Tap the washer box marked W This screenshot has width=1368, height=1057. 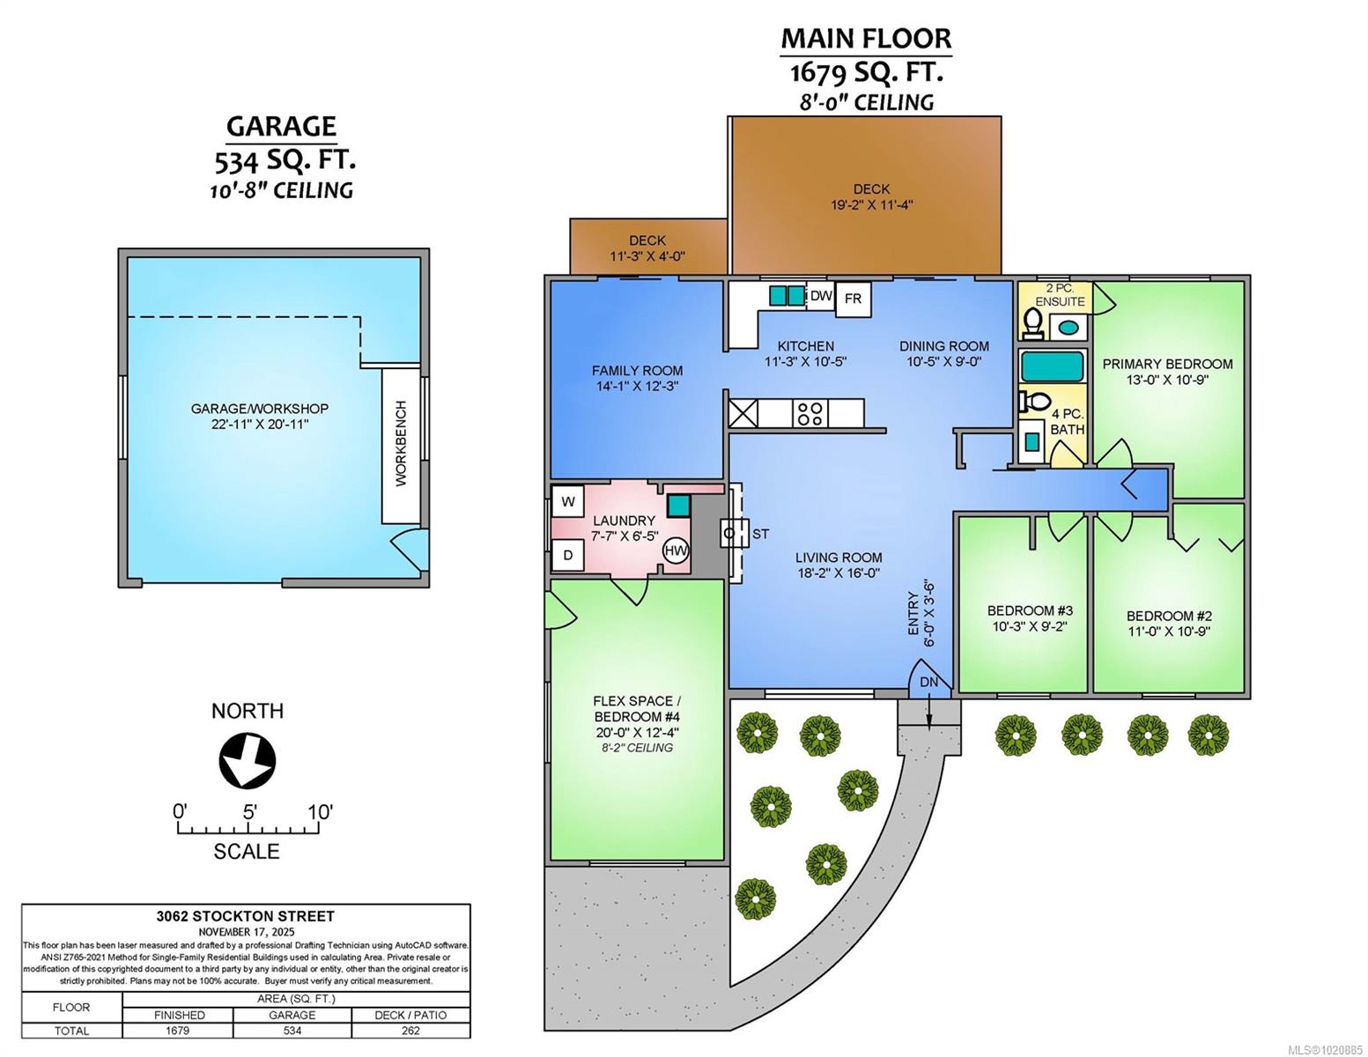tap(568, 502)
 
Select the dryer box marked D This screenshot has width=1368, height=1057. tap(568, 555)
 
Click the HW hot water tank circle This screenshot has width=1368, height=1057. tap(676, 551)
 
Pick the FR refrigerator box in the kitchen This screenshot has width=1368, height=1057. tap(853, 299)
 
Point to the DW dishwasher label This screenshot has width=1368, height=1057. tap(821, 295)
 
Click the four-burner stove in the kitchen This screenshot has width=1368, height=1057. tap(810, 413)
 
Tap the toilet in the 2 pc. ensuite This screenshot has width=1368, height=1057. tap(1032, 322)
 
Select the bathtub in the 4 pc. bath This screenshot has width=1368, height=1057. tap(1052, 366)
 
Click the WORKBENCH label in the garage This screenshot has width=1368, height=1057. tap(401, 443)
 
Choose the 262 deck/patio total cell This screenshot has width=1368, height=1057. tap(410, 1031)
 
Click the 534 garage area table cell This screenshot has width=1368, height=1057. tap(292, 1031)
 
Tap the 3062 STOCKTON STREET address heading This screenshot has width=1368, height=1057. tap(246, 916)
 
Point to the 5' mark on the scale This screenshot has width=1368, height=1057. tap(250, 813)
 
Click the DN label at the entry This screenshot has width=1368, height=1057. tap(928, 682)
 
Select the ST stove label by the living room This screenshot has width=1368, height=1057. tap(760, 534)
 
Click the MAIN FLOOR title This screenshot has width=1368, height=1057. tap(866, 39)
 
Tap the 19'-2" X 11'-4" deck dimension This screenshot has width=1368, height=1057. tap(871, 204)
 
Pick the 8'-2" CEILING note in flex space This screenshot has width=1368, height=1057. tap(637, 747)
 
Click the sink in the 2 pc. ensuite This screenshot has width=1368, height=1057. tap(1067, 328)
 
